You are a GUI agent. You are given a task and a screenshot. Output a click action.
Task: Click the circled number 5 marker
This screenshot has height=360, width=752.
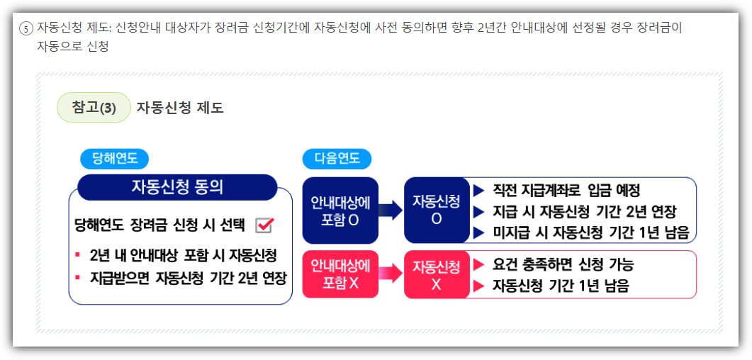point(26,29)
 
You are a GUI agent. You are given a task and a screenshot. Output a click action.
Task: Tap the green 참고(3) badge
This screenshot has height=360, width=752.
point(94,108)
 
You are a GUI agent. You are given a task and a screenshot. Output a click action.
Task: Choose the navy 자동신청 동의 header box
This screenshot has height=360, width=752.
point(176,187)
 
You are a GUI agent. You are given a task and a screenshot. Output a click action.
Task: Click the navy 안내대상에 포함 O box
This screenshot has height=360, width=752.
point(340,210)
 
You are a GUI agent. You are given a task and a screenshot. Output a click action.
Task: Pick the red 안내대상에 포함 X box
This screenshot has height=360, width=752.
point(340,274)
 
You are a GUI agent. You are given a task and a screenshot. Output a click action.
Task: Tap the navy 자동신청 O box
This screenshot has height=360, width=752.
point(436,210)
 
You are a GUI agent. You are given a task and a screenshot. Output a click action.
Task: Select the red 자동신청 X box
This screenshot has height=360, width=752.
point(436,274)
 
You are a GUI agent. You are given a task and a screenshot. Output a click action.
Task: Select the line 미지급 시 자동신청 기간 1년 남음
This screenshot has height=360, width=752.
point(591,232)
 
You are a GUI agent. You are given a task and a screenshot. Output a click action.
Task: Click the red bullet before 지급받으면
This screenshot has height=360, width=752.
point(77,277)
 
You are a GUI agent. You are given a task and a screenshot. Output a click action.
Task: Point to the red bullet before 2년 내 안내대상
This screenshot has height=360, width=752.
point(77,255)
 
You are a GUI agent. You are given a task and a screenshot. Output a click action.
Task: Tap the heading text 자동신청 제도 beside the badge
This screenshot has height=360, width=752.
point(180,108)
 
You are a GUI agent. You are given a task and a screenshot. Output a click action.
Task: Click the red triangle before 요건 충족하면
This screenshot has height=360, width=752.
point(478,265)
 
